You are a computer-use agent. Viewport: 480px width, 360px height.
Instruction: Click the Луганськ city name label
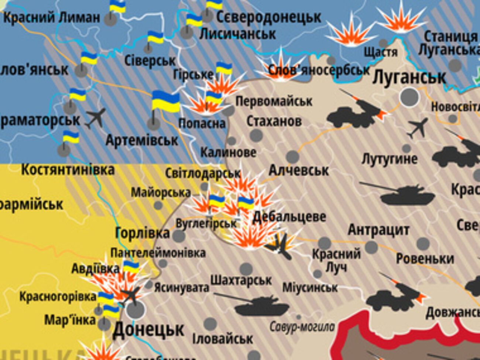coord(409,78)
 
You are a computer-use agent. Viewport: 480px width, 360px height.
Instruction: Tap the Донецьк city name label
coord(148,329)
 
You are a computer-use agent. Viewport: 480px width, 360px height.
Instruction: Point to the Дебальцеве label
coord(289,217)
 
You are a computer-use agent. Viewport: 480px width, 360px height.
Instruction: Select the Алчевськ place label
coord(298,171)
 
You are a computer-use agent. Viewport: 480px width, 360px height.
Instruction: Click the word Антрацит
coord(378,230)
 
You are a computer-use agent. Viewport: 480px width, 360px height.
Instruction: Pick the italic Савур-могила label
coord(302,327)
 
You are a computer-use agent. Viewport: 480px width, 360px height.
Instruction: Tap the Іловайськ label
coord(223,339)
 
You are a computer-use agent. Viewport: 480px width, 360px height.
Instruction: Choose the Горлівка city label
coord(143,233)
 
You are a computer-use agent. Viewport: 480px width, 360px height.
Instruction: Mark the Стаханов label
coord(274,121)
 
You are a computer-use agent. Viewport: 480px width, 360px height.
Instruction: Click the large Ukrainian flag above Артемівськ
coord(166,102)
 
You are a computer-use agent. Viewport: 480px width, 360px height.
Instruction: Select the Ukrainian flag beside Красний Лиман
coord(118,6)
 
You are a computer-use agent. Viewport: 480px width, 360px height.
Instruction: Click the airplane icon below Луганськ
coord(418,128)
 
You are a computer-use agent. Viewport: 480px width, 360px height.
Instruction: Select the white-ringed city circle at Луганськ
coord(409,97)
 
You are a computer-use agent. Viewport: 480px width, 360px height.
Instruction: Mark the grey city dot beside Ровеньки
coord(423,244)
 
